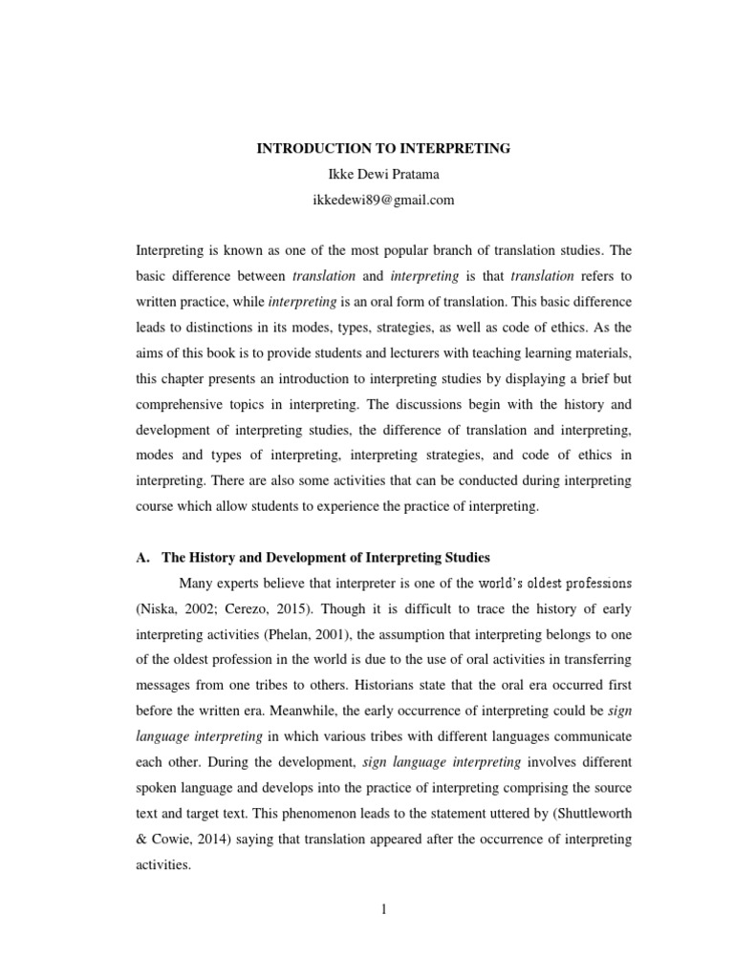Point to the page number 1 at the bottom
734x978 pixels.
point(383,909)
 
